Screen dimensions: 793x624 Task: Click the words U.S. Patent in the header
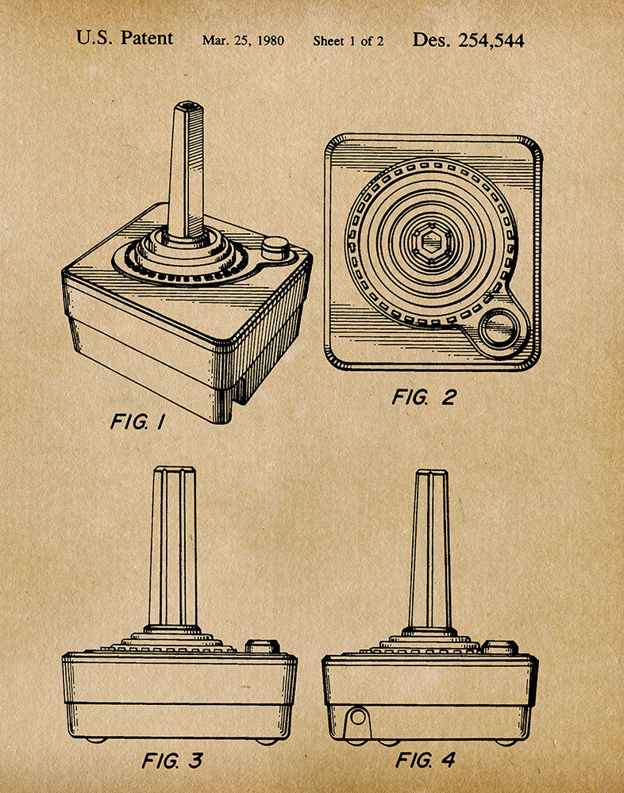125,39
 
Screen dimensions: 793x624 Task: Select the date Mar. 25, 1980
243,40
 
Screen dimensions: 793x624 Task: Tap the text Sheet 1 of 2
348,40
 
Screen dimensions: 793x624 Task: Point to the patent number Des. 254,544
468,40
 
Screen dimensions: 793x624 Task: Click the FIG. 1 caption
137,422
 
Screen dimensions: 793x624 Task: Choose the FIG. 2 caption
423,397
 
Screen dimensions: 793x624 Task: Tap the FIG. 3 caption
171,761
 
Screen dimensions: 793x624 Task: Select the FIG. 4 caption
426,760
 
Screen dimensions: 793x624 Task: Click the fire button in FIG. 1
275,247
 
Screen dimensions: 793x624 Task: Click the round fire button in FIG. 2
498,329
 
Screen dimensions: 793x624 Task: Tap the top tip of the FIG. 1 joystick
189,105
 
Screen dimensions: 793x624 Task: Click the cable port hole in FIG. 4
358,718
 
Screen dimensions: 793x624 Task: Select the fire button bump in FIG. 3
261,646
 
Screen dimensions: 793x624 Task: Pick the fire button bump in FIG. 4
499,647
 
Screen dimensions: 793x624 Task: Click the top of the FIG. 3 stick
174,470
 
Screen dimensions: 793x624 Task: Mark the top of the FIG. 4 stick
429,473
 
